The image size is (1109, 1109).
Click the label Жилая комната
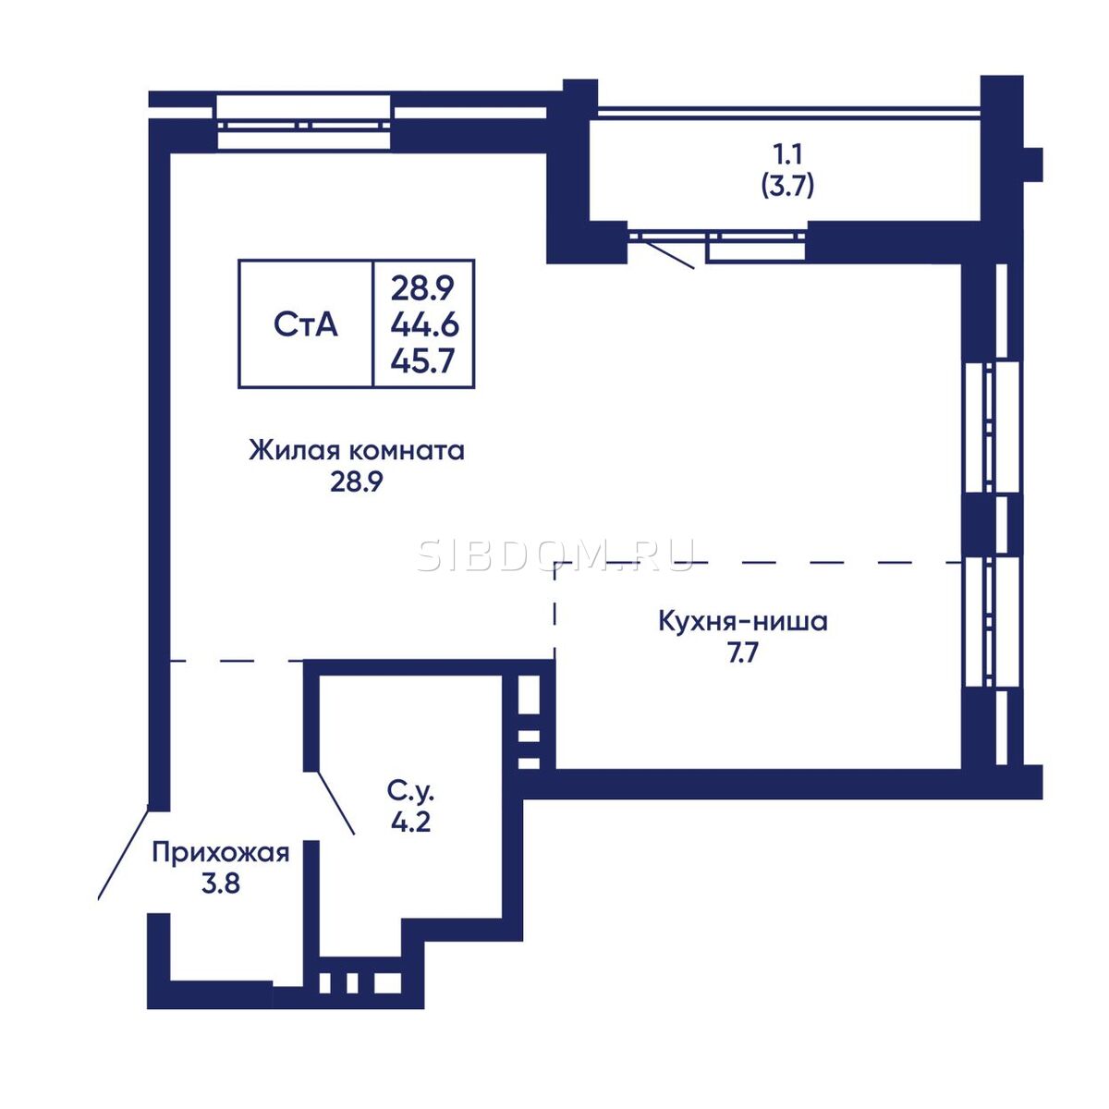click(357, 451)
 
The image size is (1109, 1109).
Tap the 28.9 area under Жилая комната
click(356, 482)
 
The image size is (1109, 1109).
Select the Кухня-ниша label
click(743, 622)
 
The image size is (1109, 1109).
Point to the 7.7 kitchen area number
click(743, 653)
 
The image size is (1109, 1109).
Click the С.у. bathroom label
click(410, 791)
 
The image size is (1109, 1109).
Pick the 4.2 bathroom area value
click(411, 823)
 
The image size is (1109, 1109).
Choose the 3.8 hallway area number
click(221, 884)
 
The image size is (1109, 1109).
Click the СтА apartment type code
click(306, 325)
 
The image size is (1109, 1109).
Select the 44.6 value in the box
click(424, 325)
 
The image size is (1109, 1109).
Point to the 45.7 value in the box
click(423, 361)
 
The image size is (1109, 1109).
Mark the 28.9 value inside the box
click(423, 288)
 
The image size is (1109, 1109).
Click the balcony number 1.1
click(787, 154)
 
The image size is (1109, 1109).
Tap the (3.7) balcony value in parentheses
click(787, 186)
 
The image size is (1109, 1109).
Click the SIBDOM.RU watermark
click(555, 555)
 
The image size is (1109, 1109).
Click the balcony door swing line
click(670, 254)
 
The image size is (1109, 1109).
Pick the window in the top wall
click(304, 123)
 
